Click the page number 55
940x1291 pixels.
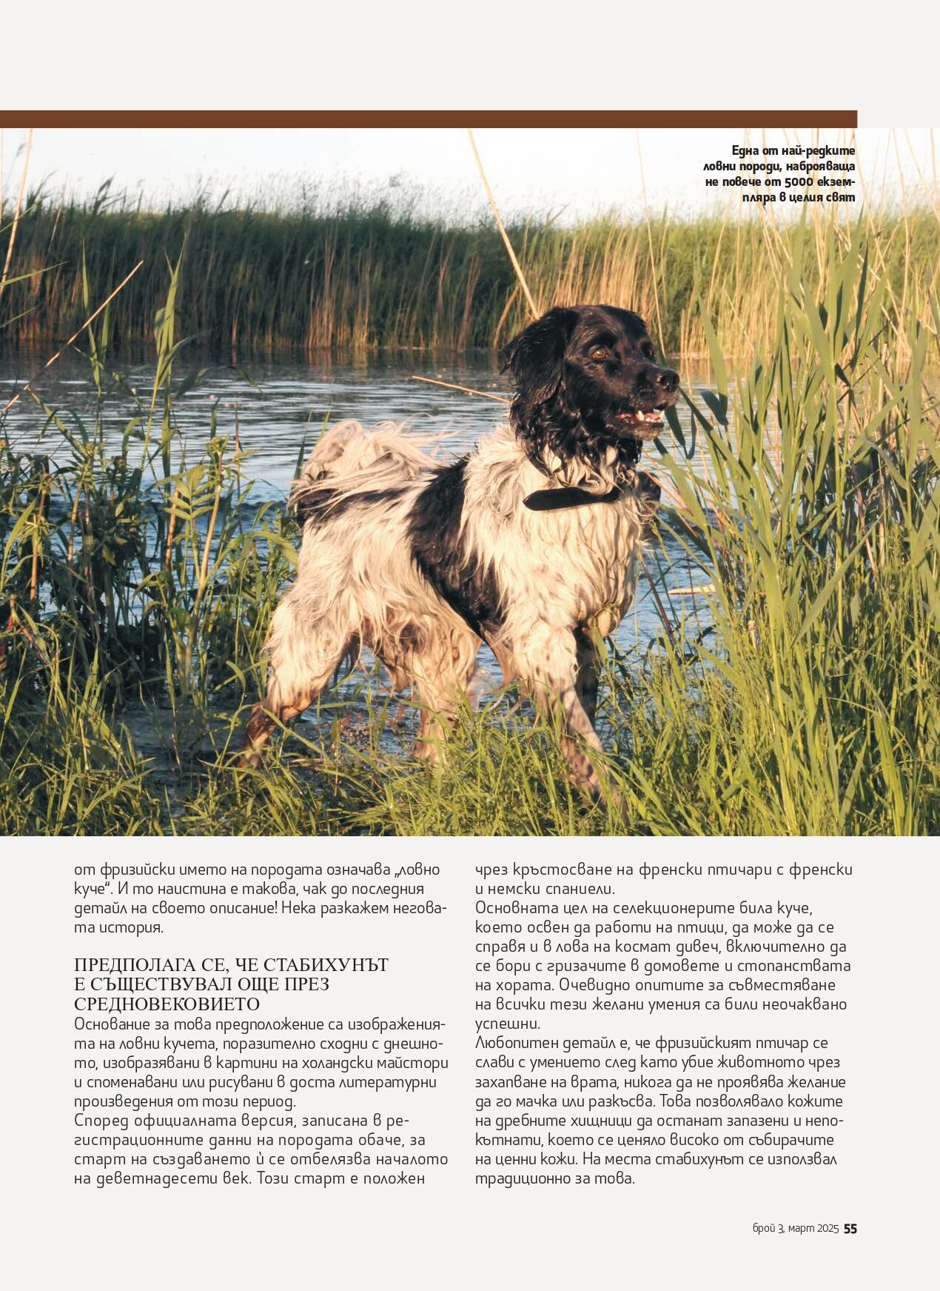click(850, 1228)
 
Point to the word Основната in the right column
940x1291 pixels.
click(517, 908)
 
